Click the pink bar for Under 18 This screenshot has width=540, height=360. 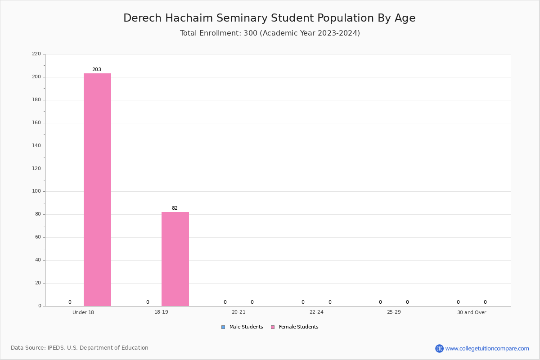pos(97,190)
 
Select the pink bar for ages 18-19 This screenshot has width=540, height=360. pos(175,259)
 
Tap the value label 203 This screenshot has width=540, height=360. pos(97,69)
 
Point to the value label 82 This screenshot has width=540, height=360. pos(175,208)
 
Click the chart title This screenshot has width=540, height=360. pos(270,18)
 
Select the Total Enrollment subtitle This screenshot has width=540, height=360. pos(270,33)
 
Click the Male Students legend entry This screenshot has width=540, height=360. pos(242,327)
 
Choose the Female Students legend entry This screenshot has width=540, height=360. pos(295,327)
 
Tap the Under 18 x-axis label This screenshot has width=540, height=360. pos(83,312)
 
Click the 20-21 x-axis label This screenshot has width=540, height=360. pos(238,312)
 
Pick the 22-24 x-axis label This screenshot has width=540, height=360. pos(316,312)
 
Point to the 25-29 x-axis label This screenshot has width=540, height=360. pos(394,312)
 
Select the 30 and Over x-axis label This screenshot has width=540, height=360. pos(472,312)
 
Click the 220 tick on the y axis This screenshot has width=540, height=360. pos(36,54)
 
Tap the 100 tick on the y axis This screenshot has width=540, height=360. pos(36,191)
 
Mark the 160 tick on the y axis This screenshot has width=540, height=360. pos(36,123)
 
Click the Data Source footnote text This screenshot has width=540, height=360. pos(80,348)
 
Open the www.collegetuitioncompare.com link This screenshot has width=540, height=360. pos(487,348)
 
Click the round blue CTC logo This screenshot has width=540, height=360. pos(439,348)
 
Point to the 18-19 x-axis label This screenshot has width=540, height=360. pos(161,312)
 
